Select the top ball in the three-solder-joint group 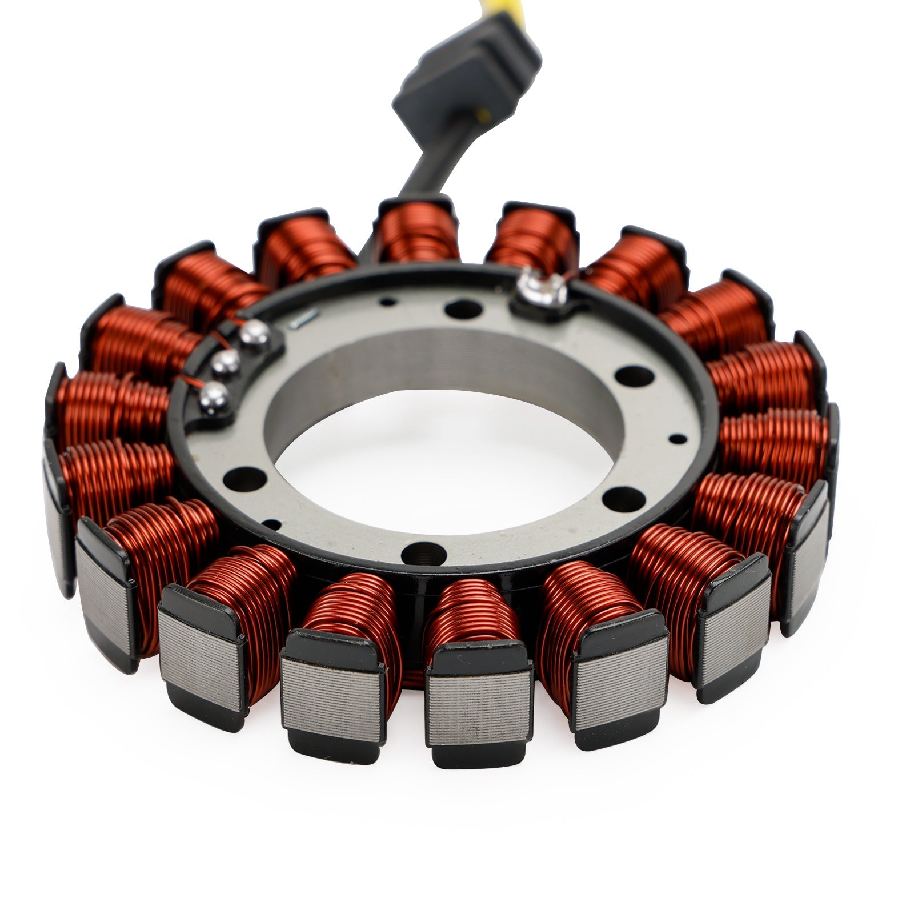(255, 335)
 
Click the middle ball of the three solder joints (226, 361)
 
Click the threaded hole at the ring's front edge (423, 554)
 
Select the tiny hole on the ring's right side (678, 439)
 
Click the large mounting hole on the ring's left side (245, 479)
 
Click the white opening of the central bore (446, 457)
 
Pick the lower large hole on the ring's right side (623, 500)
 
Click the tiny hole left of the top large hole (388, 301)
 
